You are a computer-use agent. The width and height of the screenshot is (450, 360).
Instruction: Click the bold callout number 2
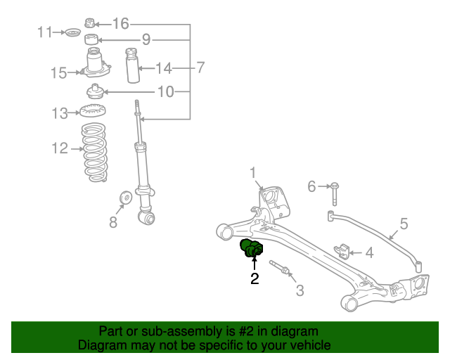[x=255, y=279]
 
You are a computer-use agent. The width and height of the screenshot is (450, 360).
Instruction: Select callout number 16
[x=121, y=24]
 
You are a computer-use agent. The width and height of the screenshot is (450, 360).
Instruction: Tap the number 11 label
[x=46, y=32]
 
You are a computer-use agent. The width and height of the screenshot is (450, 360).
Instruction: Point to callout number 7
[x=200, y=68]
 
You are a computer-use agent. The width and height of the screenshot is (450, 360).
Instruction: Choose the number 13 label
[x=59, y=112]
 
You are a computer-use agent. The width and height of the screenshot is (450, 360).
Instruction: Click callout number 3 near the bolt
[x=299, y=290]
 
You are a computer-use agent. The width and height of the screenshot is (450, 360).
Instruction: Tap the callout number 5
[x=404, y=224]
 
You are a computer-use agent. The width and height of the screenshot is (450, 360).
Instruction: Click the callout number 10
[x=165, y=91]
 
